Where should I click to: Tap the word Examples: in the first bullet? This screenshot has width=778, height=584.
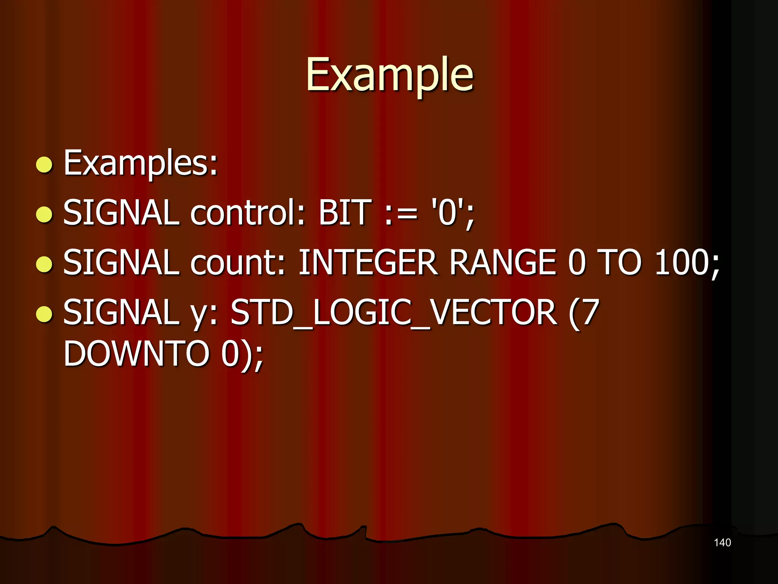point(140,163)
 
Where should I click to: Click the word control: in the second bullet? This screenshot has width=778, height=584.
point(247,213)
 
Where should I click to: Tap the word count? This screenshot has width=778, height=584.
point(237,262)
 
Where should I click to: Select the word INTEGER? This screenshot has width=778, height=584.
point(368,262)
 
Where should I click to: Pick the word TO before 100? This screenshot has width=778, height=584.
point(619,262)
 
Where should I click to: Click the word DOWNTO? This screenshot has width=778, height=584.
point(136,354)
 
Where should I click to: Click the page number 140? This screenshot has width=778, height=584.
point(722,543)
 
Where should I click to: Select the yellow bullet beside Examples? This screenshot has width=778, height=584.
point(44,165)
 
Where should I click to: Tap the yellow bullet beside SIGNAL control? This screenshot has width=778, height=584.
point(44,214)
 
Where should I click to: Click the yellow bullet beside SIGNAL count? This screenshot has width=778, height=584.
point(44,264)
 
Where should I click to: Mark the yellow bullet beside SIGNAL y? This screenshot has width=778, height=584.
point(44,314)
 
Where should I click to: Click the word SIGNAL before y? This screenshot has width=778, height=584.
point(121,313)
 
